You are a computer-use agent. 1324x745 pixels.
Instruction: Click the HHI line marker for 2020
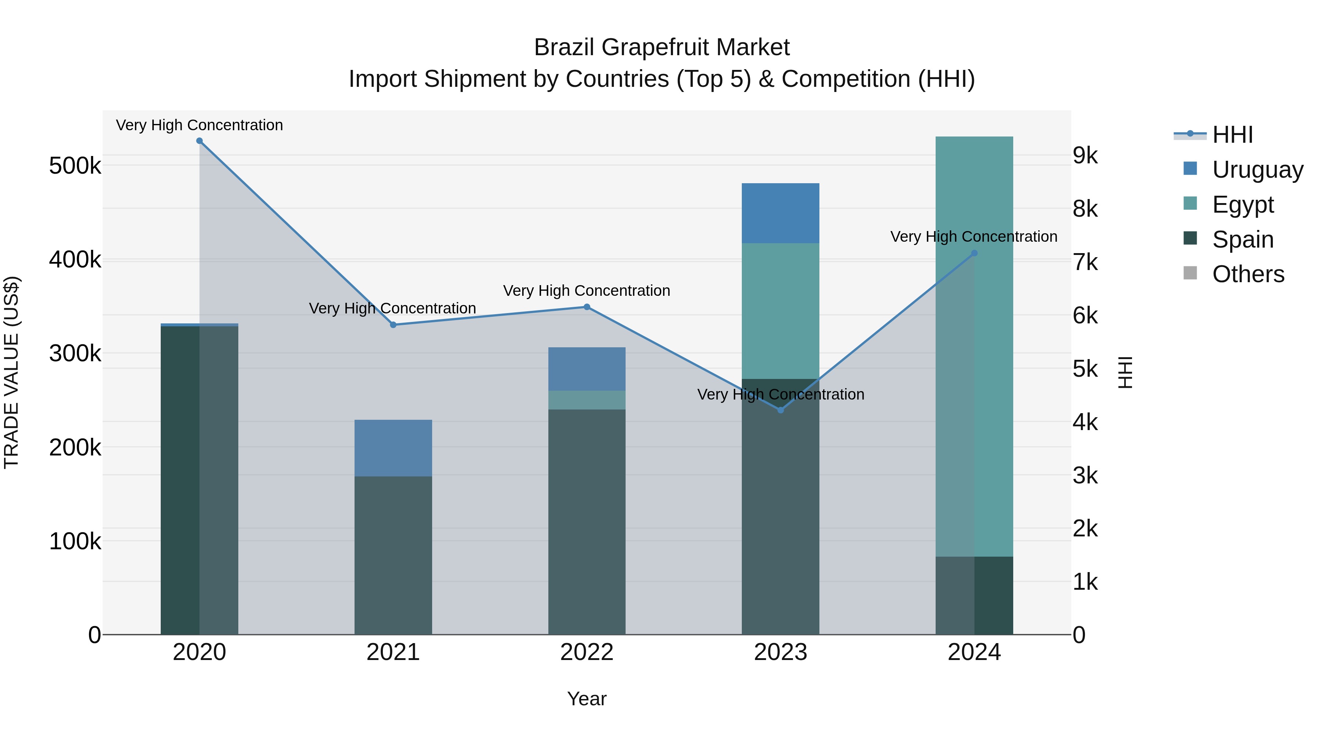click(x=199, y=141)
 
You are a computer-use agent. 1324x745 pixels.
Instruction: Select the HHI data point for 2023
click(x=780, y=410)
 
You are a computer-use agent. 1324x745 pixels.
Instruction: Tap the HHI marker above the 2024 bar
click(x=974, y=253)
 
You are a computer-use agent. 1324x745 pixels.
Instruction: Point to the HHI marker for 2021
click(x=393, y=325)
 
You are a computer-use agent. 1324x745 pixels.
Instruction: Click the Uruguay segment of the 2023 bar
click(x=780, y=213)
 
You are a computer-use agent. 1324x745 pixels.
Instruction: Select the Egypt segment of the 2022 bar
click(x=587, y=400)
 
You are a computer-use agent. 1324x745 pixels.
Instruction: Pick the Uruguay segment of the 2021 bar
click(x=393, y=448)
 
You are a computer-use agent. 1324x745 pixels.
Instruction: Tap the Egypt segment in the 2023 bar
click(x=780, y=311)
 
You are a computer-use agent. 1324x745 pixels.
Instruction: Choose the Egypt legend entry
click(x=1242, y=205)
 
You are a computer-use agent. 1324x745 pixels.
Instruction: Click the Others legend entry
click(x=1248, y=274)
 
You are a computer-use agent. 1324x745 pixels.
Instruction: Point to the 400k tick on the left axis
click(x=75, y=260)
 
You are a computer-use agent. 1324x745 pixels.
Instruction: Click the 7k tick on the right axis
click(x=1085, y=262)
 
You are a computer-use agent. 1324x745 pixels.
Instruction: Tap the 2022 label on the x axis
click(x=587, y=652)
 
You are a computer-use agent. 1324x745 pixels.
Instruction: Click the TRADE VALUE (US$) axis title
click(x=11, y=373)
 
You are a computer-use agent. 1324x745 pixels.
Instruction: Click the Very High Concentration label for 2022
click(x=587, y=291)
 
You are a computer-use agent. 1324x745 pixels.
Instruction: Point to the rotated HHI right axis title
click(x=1126, y=373)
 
